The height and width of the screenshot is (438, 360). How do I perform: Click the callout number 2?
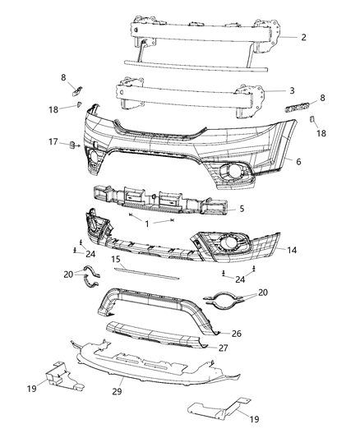(x=303, y=37)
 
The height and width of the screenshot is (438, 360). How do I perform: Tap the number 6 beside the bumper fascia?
(x=298, y=162)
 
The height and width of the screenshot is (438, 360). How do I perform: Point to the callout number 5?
(x=242, y=209)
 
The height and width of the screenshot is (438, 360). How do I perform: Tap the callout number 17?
(x=53, y=142)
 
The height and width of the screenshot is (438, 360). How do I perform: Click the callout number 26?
(x=259, y=334)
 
